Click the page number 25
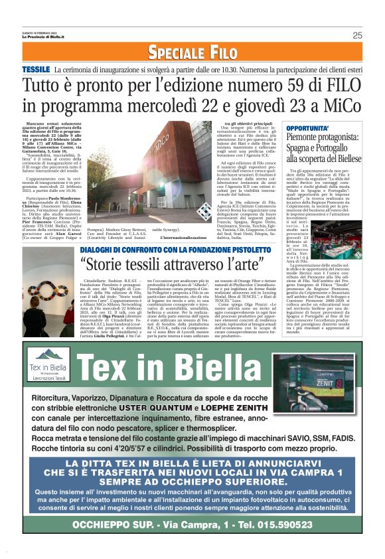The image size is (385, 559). point(357,35)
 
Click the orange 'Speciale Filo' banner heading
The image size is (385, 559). point(193,52)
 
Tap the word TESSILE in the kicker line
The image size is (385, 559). point(36,70)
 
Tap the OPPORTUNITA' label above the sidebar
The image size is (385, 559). point(305,125)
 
